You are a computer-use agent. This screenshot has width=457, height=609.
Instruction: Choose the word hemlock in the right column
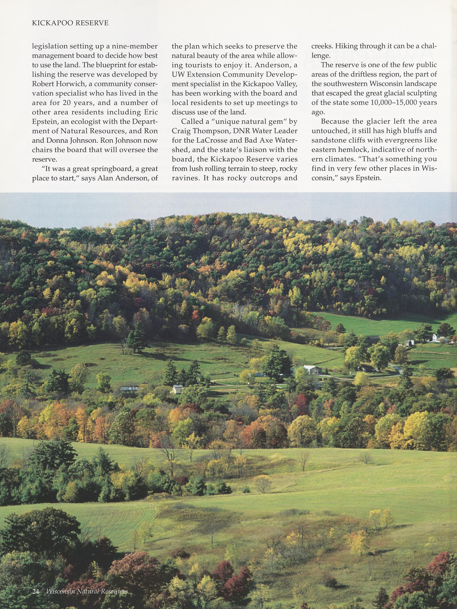[x=358, y=150]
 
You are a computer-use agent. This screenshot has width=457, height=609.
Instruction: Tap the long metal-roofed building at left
[x=129, y=389]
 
